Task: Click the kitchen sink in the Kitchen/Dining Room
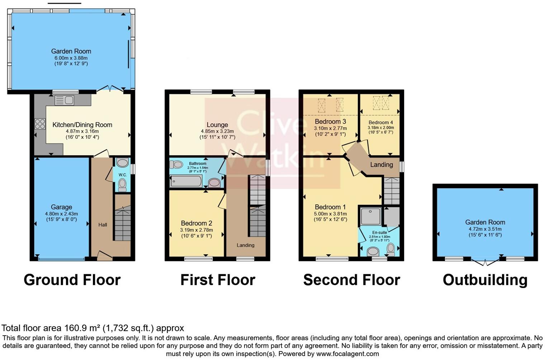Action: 65,100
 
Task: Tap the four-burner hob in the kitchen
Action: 40,124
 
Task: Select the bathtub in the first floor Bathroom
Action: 186,181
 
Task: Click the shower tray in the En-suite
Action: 370,216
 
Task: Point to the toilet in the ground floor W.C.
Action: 122,185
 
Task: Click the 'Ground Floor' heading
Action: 72,280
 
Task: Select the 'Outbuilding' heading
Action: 485,280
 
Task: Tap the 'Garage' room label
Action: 61,207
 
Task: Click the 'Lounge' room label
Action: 217,125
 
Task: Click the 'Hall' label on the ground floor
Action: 103,225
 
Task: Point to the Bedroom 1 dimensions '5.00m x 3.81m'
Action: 330,214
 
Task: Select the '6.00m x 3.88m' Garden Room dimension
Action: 71,58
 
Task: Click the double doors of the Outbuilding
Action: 485,262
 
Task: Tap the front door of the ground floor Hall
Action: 104,256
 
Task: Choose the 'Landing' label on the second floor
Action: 381,165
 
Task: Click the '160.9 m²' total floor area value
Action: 82,328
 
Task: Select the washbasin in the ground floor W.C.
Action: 122,163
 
